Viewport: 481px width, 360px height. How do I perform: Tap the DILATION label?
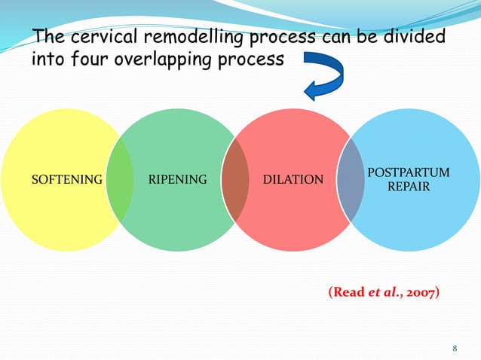point(294,180)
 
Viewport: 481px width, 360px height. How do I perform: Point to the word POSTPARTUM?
point(409,173)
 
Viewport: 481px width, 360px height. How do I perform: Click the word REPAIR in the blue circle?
point(409,186)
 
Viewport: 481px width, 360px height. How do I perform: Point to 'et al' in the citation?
point(382,292)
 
